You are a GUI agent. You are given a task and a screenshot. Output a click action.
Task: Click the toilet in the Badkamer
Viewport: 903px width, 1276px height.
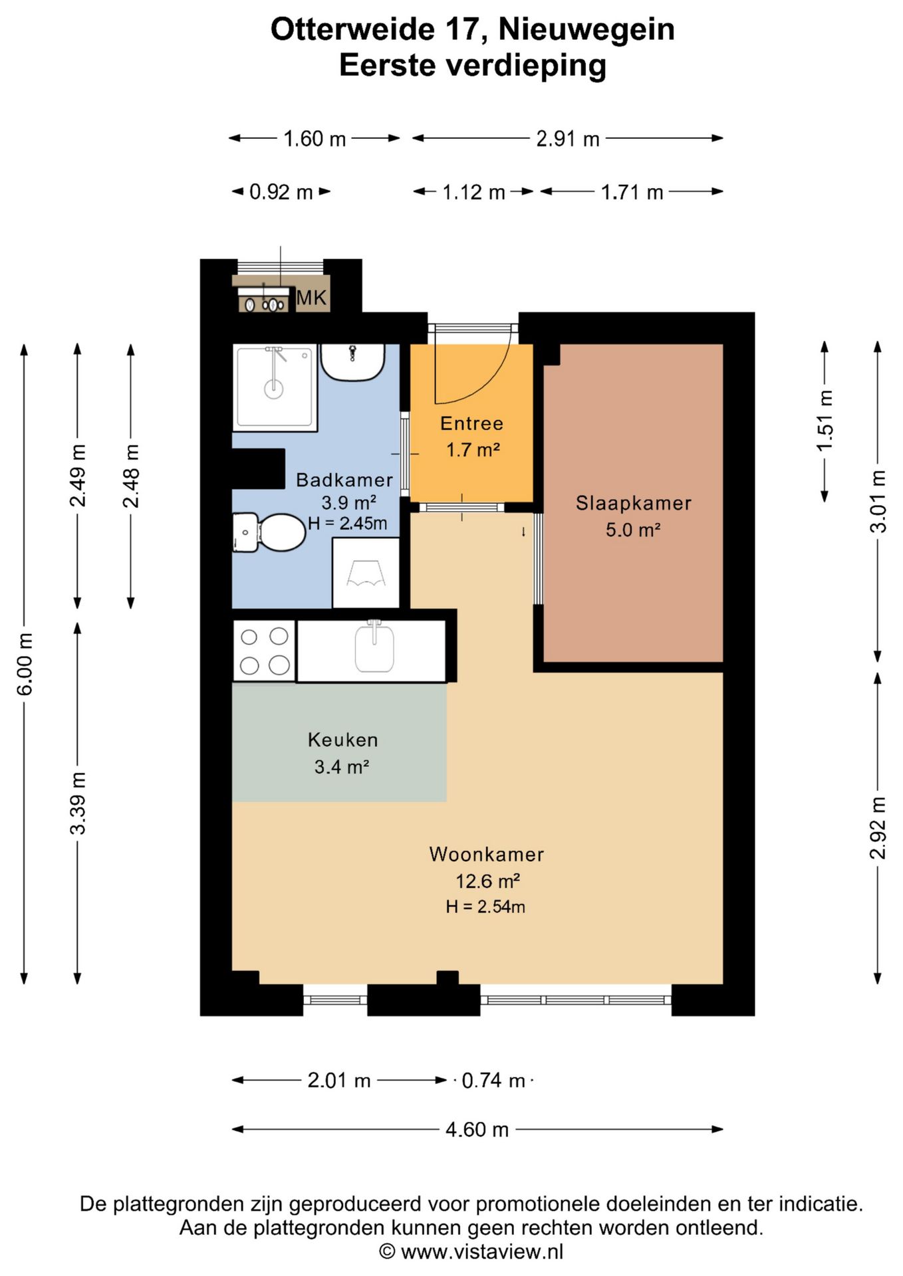pyautogui.click(x=269, y=532)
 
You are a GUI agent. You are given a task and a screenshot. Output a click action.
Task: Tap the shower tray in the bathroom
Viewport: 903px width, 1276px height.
pyautogui.click(x=275, y=387)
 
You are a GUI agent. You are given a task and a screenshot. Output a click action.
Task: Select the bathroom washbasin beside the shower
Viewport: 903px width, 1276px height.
pyautogui.click(x=352, y=362)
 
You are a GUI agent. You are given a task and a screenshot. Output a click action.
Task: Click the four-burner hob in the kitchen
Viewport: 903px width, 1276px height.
pyautogui.click(x=264, y=651)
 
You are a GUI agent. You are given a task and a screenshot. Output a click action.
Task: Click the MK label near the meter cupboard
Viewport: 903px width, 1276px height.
pyautogui.click(x=311, y=298)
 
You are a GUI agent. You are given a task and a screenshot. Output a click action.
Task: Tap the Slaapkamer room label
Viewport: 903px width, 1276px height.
pyautogui.click(x=633, y=503)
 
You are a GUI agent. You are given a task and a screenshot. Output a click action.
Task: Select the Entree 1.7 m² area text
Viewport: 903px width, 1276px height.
pyautogui.click(x=473, y=450)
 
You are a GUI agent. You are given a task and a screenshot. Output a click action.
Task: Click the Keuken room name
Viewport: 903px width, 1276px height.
pyautogui.click(x=342, y=740)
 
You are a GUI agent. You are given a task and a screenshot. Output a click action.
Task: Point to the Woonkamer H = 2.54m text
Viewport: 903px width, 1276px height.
pyautogui.click(x=485, y=906)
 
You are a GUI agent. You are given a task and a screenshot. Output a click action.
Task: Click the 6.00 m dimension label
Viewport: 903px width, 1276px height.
pyautogui.click(x=25, y=665)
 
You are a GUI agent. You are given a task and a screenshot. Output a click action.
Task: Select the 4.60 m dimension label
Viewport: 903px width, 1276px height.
pyautogui.click(x=477, y=1129)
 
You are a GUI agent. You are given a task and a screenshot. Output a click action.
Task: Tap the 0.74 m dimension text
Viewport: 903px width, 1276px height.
pyautogui.click(x=493, y=1080)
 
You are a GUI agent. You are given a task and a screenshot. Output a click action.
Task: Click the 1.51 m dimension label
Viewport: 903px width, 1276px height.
pyautogui.click(x=825, y=421)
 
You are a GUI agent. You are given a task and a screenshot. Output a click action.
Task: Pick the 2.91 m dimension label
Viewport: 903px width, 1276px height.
pyautogui.click(x=568, y=139)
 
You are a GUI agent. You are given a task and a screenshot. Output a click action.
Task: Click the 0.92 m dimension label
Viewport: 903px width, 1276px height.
pyautogui.click(x=281, y=192)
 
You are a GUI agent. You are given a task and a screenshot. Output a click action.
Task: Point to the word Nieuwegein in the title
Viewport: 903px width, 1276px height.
pyautogui.click(x=586, y=29)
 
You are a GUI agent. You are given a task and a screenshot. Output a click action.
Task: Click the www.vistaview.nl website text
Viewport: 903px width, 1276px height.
pyautogui.click(x=482, y=1251)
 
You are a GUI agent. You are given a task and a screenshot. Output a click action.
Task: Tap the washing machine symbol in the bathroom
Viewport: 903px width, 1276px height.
pyautogui.click(x=366, y=573)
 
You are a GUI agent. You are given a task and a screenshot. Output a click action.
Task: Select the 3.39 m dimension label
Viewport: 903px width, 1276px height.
pyautogui.click(x=78, y=803)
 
